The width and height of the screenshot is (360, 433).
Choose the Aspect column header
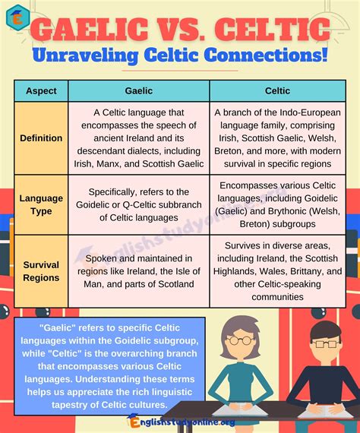[41, 90]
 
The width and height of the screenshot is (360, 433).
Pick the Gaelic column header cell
[138, 90]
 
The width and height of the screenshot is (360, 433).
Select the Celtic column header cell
[277, 90]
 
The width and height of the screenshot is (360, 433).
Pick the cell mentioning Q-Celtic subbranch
[138, 204]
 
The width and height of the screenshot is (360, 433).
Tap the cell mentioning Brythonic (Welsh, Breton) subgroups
[277, 204]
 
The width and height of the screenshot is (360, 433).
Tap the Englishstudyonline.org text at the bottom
[182, 422]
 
